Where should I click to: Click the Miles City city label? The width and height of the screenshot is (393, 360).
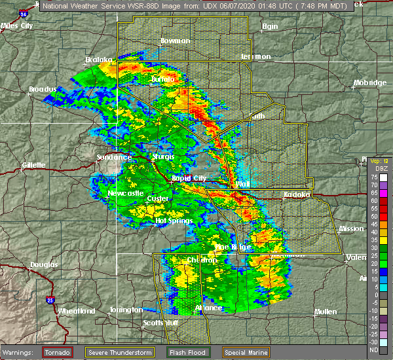[x=18, y=26]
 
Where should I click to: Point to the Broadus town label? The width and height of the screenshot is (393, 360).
[x=44, y=89]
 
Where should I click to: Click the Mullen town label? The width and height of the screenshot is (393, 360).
[x=326, y=311]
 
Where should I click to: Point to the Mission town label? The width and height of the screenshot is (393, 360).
[x=354, y=229]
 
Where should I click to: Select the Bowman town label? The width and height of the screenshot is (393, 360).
[x=175, y=41]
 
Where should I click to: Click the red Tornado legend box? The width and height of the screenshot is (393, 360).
[x=58, y=351]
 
